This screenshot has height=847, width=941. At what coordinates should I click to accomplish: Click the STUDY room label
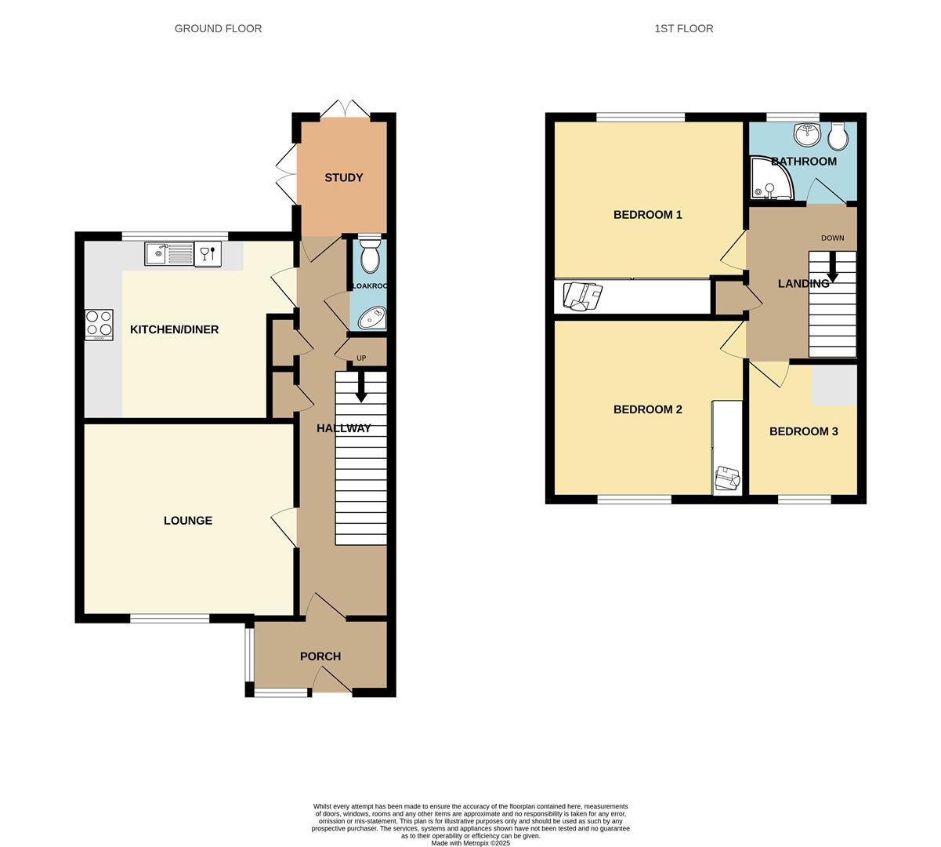pyautogui.click(x=344, y=178)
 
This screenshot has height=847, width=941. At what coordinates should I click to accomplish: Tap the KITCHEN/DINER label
pyautogui.click(x=174, y=329)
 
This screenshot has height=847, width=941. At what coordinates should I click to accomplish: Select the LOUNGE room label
pyautogui.click(x=188, y=521)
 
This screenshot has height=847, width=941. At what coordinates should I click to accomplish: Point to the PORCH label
pyautogui.click(x=320, y=656)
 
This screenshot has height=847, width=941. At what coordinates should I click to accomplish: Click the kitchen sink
pyautogui.click(x=168, y=253)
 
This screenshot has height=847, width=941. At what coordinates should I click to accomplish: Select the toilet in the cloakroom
pyautogui.click(x=370, y=254)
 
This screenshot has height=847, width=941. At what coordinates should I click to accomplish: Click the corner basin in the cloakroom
pyautogui.click(x=372, y=318)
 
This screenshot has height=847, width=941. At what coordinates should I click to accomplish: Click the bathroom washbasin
pyautogui.click(x=805, y=135)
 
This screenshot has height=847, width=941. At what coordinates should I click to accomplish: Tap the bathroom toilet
pyautogui.click(x=838, y=136)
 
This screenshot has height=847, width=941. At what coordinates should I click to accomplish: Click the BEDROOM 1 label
pyautogui.click(x=647, y=215)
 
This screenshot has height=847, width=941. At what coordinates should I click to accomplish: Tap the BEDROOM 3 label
pyautogui.click(x=803, y=431)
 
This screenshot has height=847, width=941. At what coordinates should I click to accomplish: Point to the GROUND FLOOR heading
pyautogui.click(x=218, y=29)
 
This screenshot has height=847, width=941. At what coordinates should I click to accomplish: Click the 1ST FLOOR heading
pyautogui.click(x=683, y=29)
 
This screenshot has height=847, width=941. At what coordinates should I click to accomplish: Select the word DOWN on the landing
pyautogui.click(x=832, y=238)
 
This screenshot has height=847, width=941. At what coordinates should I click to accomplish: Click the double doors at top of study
pyautogui.click(x=344, y=110)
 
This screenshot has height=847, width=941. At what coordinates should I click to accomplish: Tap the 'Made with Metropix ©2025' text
pyautogui.click(x=470, y=843)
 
